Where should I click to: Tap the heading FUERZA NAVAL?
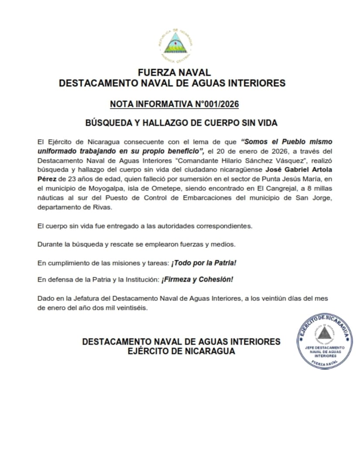tap(174, 72)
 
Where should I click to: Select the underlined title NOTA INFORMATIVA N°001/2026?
tap(174, 104)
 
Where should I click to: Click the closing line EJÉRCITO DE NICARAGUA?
tap(181, 351)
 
